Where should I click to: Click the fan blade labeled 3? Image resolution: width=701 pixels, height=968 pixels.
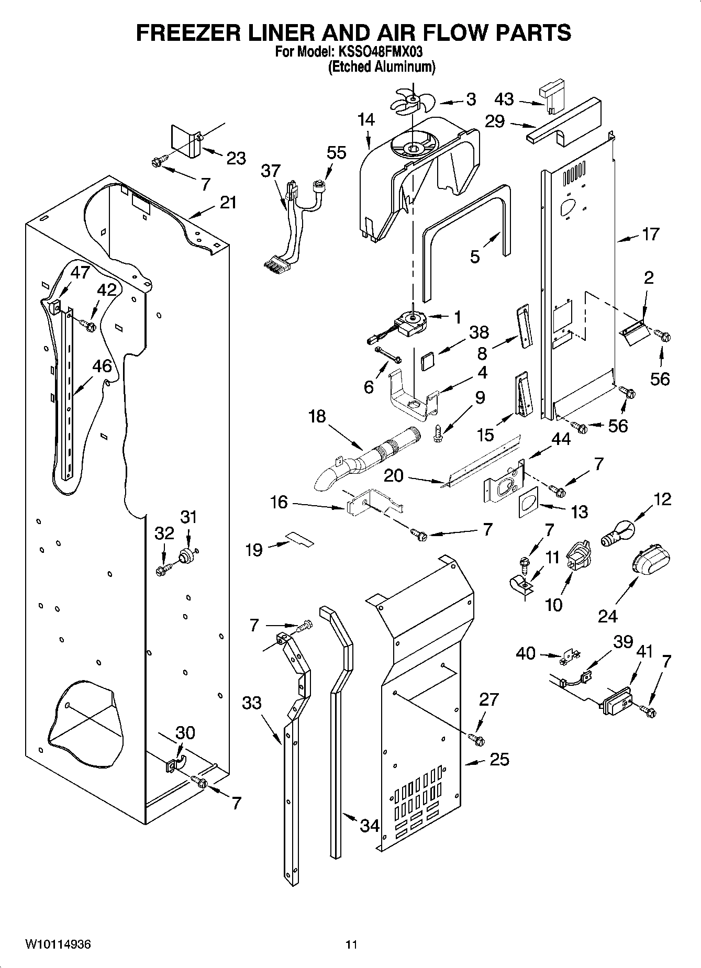(x=411, y=99)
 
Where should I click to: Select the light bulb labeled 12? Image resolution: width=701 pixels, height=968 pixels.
(x=617, y=533)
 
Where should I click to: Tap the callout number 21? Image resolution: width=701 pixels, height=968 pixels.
(x=228, y=203)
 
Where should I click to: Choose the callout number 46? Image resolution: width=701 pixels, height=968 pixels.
(x=102, y=366)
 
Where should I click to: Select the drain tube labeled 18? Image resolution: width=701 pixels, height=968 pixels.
(x=366, y=458)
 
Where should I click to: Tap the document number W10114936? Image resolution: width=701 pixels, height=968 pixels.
(x=58, y=944)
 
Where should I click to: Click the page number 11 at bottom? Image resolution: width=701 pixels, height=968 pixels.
(x=351, y=944)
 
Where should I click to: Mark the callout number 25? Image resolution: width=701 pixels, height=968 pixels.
(x=498, y=759)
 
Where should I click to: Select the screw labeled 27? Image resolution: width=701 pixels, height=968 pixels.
(x=477, y=739)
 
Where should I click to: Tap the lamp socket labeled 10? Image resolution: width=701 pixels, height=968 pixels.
(x=577, y=557)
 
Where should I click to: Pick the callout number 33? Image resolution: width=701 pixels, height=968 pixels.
(x=252, y=702)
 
